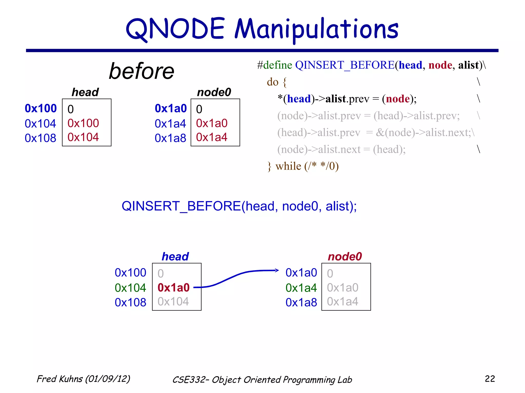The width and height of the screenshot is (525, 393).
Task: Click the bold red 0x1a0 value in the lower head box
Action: [174, 288]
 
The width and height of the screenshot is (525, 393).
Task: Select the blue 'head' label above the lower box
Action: [175, 256]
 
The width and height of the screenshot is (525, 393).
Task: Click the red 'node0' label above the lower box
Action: [345, 256]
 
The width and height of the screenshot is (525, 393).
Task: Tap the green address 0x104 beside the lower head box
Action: [130, 288]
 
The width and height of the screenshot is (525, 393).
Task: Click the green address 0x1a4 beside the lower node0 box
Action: [301, 288]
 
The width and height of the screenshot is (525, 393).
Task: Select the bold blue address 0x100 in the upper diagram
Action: [41, 108]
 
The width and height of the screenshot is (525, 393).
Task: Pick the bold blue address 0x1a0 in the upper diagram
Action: [171, 108]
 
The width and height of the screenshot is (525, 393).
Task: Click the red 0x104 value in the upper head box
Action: [83, 137]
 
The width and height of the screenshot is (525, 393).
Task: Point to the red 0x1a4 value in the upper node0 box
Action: [212, 137]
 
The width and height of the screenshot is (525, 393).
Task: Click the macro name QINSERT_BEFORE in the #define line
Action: [345, 65]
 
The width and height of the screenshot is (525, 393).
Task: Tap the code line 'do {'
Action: [276, 82]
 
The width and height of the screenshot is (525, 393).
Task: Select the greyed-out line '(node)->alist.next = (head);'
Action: [341, 149]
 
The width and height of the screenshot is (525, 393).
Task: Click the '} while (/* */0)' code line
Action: [303, 166]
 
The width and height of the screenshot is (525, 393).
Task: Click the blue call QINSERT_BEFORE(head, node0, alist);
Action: [239, 206]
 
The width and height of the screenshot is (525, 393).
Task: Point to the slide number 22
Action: [490, 379]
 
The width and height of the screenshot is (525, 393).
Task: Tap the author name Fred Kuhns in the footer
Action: [60, 379]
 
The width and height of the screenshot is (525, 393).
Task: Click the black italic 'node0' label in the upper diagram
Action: [214, 92]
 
